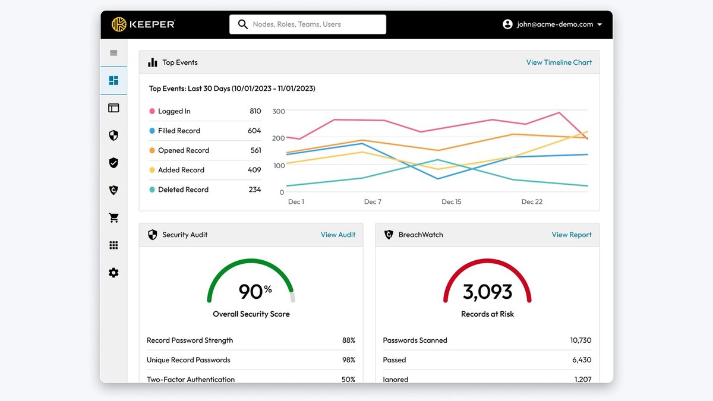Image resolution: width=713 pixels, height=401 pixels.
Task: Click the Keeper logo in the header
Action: [x=143, y=24]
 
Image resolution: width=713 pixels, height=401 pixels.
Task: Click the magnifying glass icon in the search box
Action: [x=243, y=24]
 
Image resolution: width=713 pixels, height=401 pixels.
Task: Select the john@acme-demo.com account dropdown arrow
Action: [x=600, y=24]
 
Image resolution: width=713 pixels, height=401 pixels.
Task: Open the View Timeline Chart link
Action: [x=559, y=62]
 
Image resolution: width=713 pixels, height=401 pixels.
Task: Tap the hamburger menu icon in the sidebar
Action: [x=113, y=53]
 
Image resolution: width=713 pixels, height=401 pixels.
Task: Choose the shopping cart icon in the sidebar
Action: [x=113, y=217]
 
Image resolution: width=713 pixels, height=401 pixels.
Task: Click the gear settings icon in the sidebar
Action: [x=113, y=273]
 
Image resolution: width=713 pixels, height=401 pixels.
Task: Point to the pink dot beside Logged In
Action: [x=152, y=111]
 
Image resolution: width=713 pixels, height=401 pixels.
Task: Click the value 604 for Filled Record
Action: [x=254, y=131]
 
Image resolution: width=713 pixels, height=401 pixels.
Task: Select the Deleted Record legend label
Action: [x=184, y=190]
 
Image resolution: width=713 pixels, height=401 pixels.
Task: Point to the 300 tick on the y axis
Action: [x=279, y=111]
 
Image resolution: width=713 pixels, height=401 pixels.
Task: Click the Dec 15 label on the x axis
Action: [x=452, y=201]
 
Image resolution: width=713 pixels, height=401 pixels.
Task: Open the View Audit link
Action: [x=338, y=235]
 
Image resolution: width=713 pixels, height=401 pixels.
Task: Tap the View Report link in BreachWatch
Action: [x=572, y=235]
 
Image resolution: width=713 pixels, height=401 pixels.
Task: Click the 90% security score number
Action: [x=255, y=291]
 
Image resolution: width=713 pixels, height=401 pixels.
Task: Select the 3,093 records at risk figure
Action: [x=487, y=292]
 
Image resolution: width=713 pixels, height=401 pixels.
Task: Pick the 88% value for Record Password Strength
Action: [x=349, y=340]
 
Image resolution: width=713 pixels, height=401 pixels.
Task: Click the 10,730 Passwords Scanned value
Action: [x=581, y=340]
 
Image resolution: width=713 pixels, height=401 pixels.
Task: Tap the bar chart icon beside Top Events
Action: [x=153, y=62]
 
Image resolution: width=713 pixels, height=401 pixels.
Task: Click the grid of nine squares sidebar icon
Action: [x=113, y=245]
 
